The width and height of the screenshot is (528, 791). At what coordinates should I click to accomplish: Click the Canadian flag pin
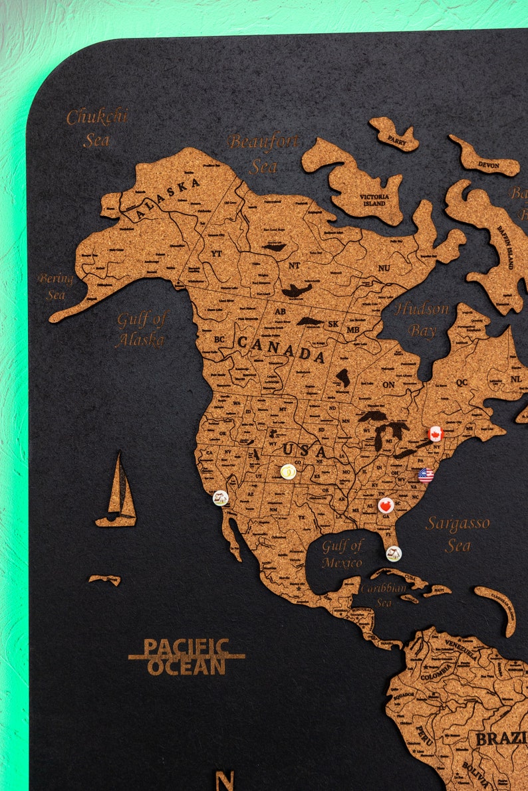click(436, 434)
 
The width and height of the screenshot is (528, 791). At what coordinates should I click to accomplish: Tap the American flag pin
click(426, 474)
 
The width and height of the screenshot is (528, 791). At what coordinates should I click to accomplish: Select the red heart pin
click(386, 505)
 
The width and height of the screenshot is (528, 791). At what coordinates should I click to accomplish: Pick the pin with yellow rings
click(288, 472)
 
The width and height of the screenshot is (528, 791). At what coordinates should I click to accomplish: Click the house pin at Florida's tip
click(394, 553)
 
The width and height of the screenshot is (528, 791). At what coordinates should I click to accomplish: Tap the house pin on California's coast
click(220, 497)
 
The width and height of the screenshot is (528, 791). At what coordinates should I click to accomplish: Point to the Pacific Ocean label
click(186, 657)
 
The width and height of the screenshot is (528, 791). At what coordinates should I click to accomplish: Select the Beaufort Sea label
click(263, 153)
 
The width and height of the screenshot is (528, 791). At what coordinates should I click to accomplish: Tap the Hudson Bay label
click(422, 319)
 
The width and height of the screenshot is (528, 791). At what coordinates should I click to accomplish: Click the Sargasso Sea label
click(458, 534)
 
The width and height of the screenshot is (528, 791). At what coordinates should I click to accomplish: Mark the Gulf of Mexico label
click(342, 554)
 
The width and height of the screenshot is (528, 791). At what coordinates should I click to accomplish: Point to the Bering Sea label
click(56, 286)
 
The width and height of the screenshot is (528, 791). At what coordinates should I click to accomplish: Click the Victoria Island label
click(374, 200)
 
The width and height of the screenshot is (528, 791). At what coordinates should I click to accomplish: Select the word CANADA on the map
click(281, 349)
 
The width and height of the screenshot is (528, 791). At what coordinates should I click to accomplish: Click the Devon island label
click(487, 164)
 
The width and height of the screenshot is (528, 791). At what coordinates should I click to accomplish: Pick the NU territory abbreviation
click(384, 268)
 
